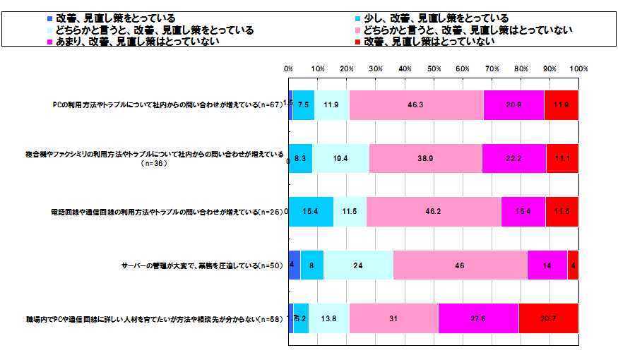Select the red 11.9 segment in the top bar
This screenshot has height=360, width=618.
pyautogui.click(x=561, y=104)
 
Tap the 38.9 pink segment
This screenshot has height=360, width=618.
pyautogui.click(x=425, y=158)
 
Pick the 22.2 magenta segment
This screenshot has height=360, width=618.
pyautogui.click(x=514, y=158)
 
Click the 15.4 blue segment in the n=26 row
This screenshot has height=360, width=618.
pyautogui.click(x=311, y=212)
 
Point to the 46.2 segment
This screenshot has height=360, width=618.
pyautogui.click(x=434, y=212)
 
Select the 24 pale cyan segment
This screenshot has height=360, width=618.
pyautogui.click(x=358, y=265)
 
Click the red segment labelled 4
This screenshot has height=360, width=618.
pyautogui.click(x=573, y=265)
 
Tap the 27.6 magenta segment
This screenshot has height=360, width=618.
pyautogui.click(x=478, y=318)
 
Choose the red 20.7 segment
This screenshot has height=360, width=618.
pyautogui.click(x=549, y=318)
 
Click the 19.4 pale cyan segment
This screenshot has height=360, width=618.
pyautogui.click(x=340, y=158)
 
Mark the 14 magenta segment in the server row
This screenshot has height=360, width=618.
pyautogui.click(x=547, y=265)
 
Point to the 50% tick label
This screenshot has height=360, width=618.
pyautogui.click(x=434, y=69)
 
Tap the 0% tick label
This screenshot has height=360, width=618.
pyautogui.click(x=289, y=69)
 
